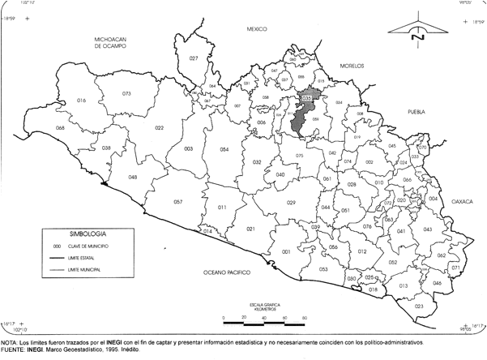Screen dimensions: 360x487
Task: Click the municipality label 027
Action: pyautogui.click(x=194, y=58)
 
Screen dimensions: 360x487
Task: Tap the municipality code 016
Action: pyautogui.click(x=81, y=100)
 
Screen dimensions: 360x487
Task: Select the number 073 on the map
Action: pyautogui.click(x=126, y=94)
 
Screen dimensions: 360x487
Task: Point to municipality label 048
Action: pyautogui.click(x=132, y=177)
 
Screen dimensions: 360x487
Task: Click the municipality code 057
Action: pyautogui.click(x=177, y=201)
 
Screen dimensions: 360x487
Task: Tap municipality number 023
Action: pyautogui.click(x=419, y=306)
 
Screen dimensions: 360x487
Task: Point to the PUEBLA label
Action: pyautogui.click(x=417, y=112)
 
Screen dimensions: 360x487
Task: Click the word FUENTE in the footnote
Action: pyautogui.click(x=14, y=350)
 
